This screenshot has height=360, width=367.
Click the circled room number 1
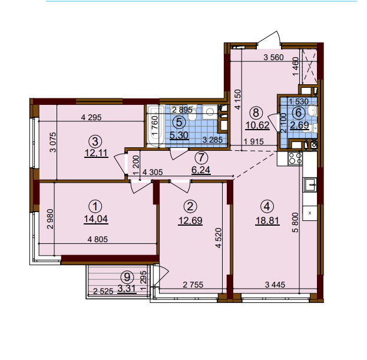tap(94, 206)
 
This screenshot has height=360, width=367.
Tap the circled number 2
tap(190, 206)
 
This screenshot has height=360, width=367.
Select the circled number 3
tap(94, 141)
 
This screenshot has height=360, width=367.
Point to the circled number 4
tap(267, 206)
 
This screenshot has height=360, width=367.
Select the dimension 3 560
tap(274, 57)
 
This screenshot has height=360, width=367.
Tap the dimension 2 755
tap(193, 285)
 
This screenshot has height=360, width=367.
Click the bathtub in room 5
tap(156, 124)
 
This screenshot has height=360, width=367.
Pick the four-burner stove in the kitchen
tap(293, 158)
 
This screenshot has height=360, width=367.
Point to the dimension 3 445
tap(275, 285)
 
